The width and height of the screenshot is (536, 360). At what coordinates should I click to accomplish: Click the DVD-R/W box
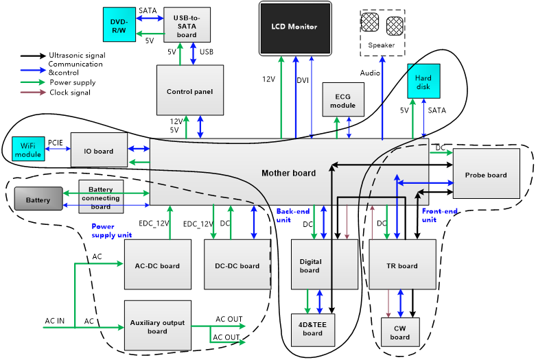click(x=119, y=24)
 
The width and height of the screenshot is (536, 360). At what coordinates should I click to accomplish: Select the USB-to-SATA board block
click(x=187, y=25)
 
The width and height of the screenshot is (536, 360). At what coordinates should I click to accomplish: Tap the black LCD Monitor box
click(x=295, y=28)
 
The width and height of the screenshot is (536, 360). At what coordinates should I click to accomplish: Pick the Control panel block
click(x=190, y=91)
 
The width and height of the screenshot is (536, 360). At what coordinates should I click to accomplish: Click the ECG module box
click(x=342, y=99)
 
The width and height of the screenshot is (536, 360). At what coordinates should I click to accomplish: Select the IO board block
click(x=100, y=151)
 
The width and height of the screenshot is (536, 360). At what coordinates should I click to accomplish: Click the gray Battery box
click(x=38, y=200)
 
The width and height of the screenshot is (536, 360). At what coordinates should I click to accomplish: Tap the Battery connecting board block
click(x=101, y=198)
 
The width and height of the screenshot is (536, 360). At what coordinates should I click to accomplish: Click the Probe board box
click(x=486, y=174)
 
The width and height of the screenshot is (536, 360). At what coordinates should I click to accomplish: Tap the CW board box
click(x=399, y=332)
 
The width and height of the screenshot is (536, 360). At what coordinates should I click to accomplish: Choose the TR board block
click(x=403, y=265)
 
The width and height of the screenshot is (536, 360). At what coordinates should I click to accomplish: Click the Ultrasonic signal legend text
click(x=77, y=55)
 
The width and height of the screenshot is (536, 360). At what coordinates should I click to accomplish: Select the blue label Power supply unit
click(x=111, y=231)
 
